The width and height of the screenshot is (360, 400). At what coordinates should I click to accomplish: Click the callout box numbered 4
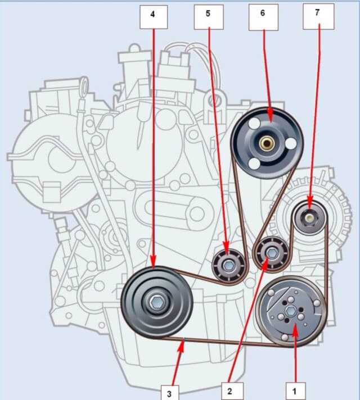pyautogui.click(x=154, y=17)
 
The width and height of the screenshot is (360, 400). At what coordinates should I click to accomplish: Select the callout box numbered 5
pyautogui.click(x=209, y=17)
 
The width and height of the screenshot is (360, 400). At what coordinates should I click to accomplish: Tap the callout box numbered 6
pyautogui.click(x=263, y=17)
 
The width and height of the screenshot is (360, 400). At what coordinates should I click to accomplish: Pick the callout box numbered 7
pyautogui.click(x=318, y=17)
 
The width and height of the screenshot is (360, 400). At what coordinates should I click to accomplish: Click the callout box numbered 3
pyautogui.click(x=170, y=392)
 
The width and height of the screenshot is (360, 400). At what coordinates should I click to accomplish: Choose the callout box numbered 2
pyautogui.click(x=232, y=391)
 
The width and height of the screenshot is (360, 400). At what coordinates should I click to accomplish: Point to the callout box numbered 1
pyautogui.click(x=296, y=391)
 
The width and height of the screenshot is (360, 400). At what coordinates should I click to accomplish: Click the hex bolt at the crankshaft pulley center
pyautogui.click(x=155, y=303)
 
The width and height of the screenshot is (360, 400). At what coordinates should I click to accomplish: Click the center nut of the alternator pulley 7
pyautogui.click(x=309, y=218)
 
